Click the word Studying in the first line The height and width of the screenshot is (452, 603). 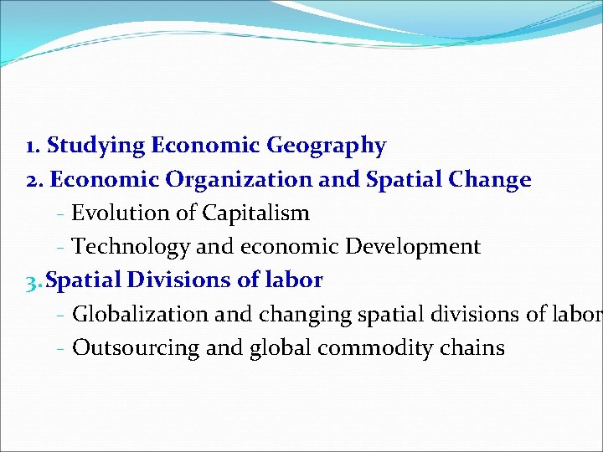coord(96,146)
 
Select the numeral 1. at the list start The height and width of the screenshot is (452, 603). coord(33,146)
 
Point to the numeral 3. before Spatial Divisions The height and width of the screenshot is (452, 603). coord(34,280)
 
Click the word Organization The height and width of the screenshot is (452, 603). coord(227,180)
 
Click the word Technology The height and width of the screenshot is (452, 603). coord(131,247)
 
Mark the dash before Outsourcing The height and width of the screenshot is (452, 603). coord(62,348)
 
